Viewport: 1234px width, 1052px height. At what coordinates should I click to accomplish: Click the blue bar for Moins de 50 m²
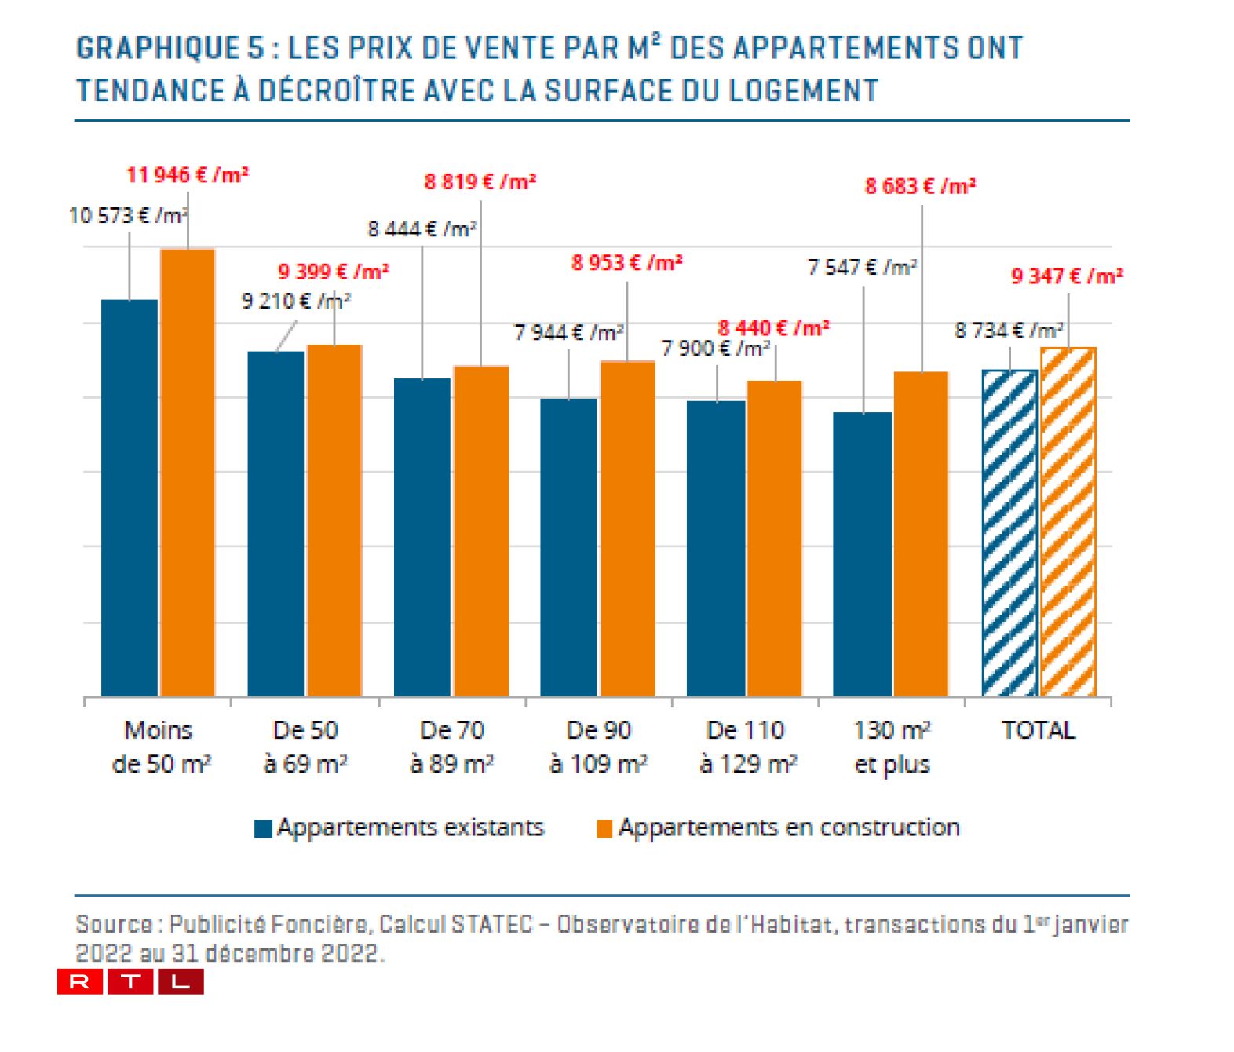[130, 498]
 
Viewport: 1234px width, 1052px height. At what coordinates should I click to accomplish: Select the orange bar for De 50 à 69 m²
[334, 520]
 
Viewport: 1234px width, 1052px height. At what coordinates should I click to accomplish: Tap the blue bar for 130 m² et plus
[862, 554]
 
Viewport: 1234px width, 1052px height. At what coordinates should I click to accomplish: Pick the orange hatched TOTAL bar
[1068, 522]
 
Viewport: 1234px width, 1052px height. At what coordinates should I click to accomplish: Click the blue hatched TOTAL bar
[1009, 533]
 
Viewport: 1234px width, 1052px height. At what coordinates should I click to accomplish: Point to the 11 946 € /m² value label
[187, 174]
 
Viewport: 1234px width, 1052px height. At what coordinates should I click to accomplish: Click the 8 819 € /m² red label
[480, 182]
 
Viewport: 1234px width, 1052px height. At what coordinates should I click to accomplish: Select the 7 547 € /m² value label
[862, 268]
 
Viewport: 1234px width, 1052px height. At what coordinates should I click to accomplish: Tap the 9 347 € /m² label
[1066, 276]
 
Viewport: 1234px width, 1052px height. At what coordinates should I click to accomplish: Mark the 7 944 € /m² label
[568, 333]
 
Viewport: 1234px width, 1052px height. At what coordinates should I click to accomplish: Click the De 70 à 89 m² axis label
[451, 747]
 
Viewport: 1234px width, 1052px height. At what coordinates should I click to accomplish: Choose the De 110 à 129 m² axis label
[747, 747]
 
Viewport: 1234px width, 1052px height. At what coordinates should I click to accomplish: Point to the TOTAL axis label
[1038, 730]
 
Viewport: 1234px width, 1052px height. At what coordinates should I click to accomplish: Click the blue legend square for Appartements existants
[263, 829]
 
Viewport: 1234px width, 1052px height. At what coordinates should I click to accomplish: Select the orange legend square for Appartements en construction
[604, 829]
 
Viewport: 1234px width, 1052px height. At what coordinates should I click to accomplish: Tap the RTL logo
[130, 981]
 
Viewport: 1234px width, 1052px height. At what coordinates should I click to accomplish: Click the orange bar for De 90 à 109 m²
[628, 528]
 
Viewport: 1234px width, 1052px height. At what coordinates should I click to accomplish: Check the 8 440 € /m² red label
[773, 327]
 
